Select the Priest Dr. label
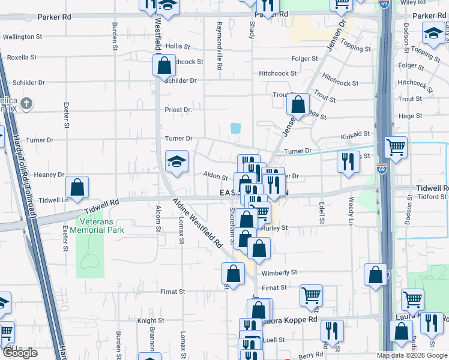[178, 110]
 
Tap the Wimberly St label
[280, 272]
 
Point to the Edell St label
[322, 213]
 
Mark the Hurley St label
[277, 228]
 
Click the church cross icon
[26, 104]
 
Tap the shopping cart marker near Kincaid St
[396, 147]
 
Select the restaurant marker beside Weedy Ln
[348, 161]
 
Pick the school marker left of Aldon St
[176, 161]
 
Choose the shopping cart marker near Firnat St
[311, 295]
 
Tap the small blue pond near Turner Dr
[235, 128]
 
